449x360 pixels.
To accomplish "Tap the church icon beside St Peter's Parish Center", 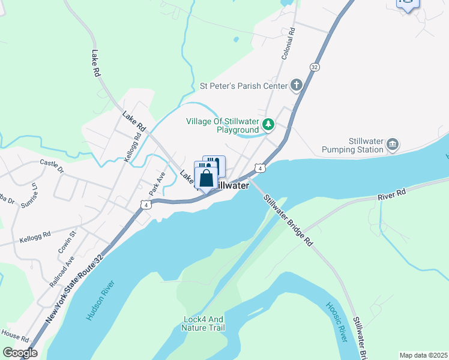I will pos(296,85).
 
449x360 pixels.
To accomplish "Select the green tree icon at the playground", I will pos(268,125).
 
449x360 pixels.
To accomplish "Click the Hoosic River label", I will pos(337,322).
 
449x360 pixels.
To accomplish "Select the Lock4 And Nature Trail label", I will pos(204,323).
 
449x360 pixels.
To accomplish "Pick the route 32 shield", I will pos(314,67).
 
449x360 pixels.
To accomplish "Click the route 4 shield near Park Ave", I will pos(146,205).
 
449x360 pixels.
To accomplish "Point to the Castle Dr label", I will pos(52,163).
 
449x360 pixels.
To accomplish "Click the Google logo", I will pos(20,353).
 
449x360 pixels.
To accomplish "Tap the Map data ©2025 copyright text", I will pos(423,355).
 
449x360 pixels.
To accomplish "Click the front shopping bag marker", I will pos(206,178).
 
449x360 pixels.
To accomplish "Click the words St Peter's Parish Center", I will pos(244,86).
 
